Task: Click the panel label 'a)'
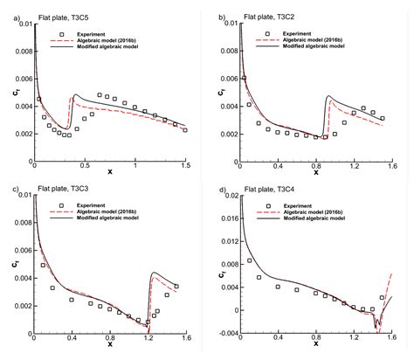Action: (x=7, y=17)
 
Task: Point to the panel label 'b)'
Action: (x=221, y=17)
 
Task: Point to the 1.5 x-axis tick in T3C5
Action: (x=185, y=166)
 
